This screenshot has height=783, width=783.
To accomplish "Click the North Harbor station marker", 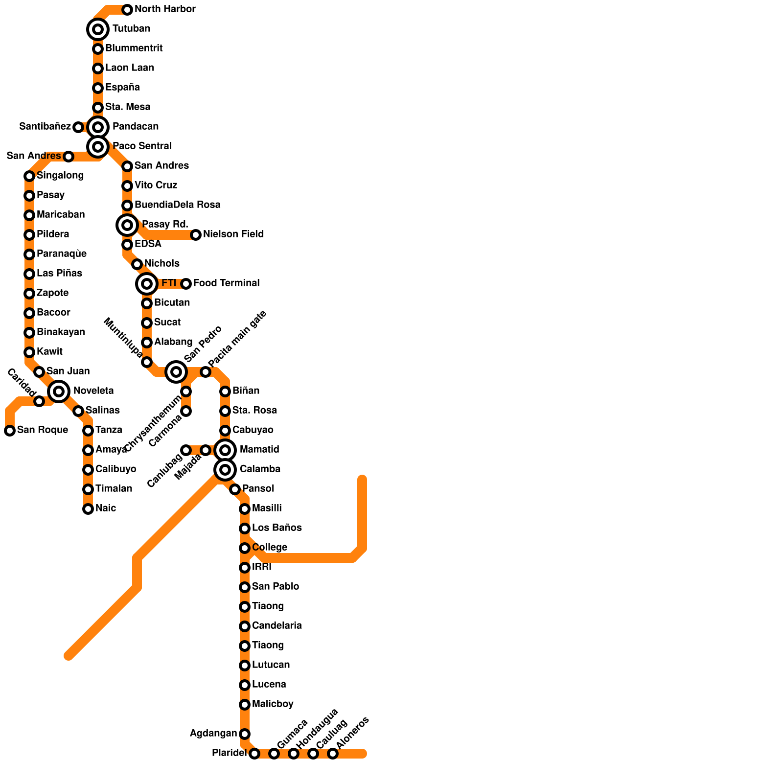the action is [127, 9].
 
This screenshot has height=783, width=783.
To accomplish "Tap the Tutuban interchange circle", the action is [98, 29].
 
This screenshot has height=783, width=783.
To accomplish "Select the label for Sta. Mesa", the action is [127, 107].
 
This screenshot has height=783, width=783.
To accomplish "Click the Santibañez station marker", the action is [78, 127].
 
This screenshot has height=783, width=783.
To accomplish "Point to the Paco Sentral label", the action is [142, 146].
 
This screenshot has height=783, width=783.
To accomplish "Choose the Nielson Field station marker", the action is [196, 235].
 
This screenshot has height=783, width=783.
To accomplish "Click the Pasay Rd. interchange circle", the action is [127, 225].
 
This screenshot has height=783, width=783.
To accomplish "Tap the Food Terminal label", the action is [226, 283].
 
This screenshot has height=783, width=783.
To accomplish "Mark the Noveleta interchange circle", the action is [59, 391].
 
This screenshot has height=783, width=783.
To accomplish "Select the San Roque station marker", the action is [10, 431].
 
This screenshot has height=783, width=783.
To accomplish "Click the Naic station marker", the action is [88, 509].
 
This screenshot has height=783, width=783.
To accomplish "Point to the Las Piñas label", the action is [59, 274].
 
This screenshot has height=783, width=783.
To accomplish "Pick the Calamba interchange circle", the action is [225, 470].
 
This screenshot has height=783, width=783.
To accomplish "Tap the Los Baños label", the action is [276, 528].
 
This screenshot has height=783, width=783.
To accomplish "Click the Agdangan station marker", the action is [245, 734].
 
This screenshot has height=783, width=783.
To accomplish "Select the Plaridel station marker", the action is [254, 754].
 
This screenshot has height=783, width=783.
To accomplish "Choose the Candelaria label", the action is [276, 626].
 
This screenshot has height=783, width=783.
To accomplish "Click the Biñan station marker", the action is [225, 391].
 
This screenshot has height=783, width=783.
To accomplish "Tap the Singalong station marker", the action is [29, 176].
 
